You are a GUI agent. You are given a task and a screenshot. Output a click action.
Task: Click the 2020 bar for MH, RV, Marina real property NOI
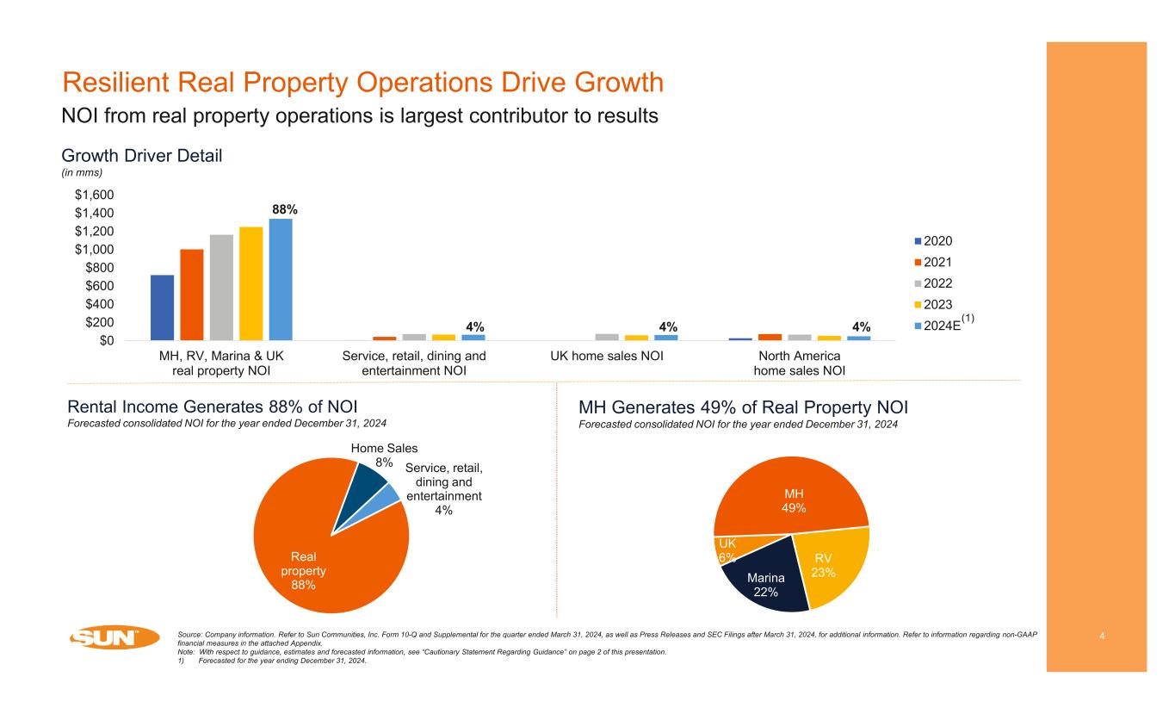coord(162,307)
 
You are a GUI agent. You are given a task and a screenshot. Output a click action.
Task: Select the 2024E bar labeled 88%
coord(281,279)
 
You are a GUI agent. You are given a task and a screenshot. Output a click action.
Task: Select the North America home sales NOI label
coord(799,363)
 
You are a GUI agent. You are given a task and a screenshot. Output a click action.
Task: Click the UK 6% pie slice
coord(725,549)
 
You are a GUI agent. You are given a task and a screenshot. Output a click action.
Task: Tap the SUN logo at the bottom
coord(114,638)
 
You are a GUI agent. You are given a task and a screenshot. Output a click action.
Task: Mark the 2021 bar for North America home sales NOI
coord(770,337)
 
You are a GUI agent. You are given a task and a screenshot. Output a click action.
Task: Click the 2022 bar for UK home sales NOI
coord(607,337)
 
